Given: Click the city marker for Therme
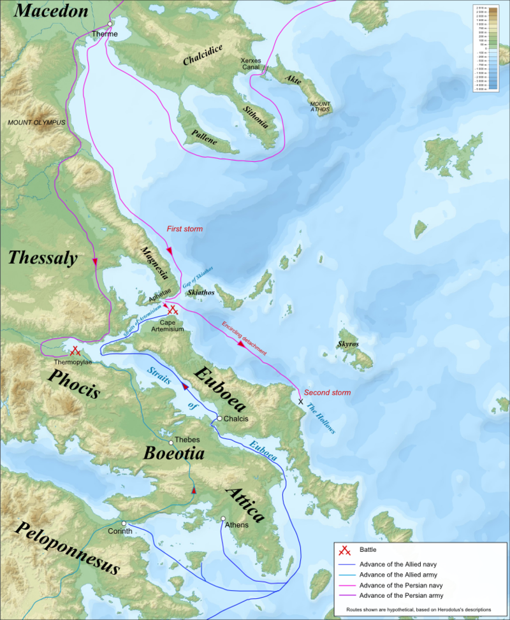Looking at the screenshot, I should (x=110, y=24).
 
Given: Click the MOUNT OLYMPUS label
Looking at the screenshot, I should (x=37, y=121).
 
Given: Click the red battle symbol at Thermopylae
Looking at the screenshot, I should (x=75, y=350).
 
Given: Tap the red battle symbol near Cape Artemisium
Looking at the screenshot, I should (x=171, y=310).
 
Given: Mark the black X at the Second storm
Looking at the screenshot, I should (x=300, y=401).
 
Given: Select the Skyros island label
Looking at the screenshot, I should (x=348, y=344).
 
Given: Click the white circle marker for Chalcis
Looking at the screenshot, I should (x=219, y=419).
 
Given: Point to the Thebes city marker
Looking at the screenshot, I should (x=170, y=442).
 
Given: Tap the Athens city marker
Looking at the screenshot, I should (x=223, y=518).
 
